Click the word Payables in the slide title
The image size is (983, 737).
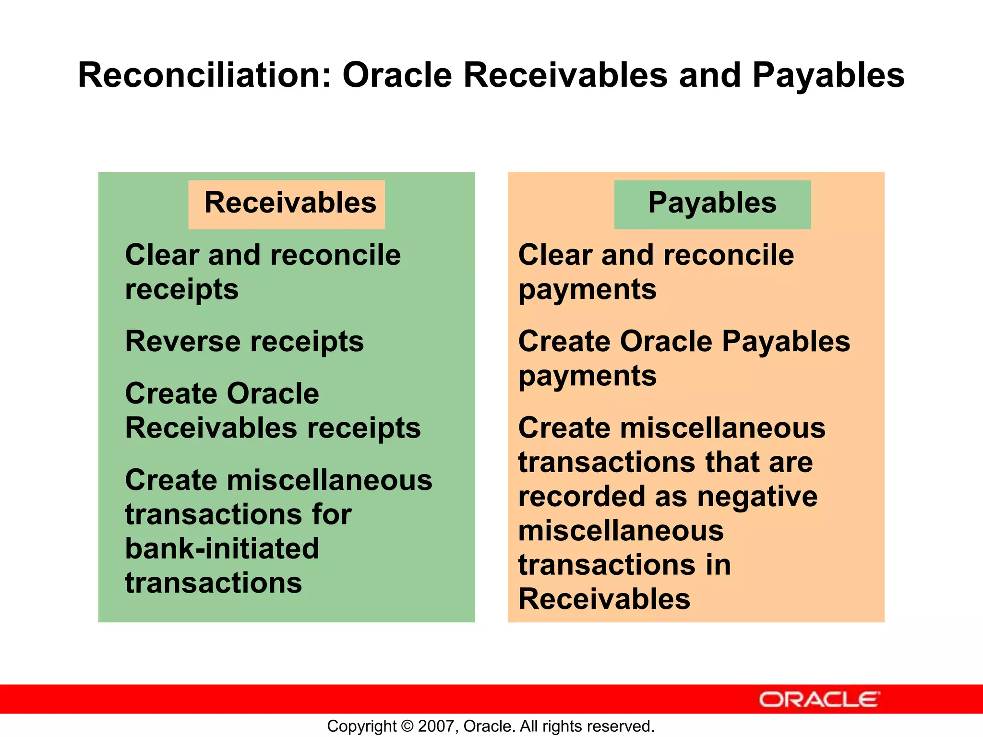828,76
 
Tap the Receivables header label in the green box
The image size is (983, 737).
290,202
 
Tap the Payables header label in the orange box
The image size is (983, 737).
712,202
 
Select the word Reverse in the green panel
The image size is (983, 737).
183,341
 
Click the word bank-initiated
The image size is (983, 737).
222,548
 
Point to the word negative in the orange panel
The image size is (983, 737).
757,496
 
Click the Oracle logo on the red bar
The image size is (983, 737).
819,700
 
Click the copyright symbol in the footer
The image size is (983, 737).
407,726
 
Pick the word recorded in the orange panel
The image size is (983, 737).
582,496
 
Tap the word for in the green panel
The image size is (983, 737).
332,514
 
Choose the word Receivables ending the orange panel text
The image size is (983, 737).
604,599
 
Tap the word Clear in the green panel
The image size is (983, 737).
162,255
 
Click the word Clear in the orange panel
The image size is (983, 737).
555,255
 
